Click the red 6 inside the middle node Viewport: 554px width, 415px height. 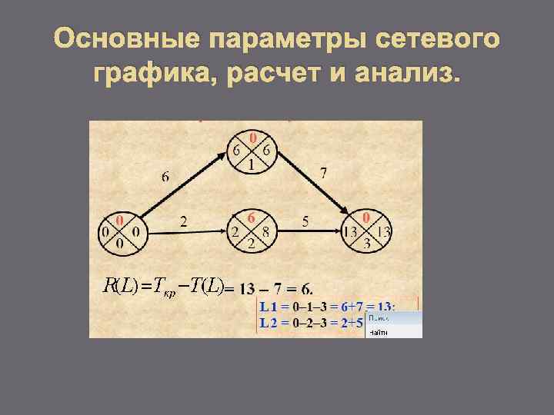[251, 217]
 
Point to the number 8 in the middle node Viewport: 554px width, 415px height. [265, 231]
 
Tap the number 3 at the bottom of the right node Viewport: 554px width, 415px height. [367, 244]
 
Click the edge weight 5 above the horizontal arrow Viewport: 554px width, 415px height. [305, 221]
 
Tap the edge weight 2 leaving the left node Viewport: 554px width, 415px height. [183, 221]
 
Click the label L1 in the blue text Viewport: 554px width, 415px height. [269, 307]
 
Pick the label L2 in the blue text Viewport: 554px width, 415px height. [269, 323]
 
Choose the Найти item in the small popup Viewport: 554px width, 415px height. [379, 332]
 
